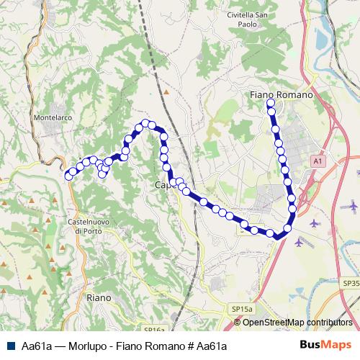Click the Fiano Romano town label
[x=281, y=94]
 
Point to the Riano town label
[x=98, y=297]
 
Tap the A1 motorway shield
[x=318, y=162]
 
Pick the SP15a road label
[x=242, y=309]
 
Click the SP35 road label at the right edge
[x=351, y=284]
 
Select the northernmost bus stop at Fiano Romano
[x=271, y=103]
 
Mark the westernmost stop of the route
[x=69, y=176]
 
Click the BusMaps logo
[x=326, y=345]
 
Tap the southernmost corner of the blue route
[x=276, y=236]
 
